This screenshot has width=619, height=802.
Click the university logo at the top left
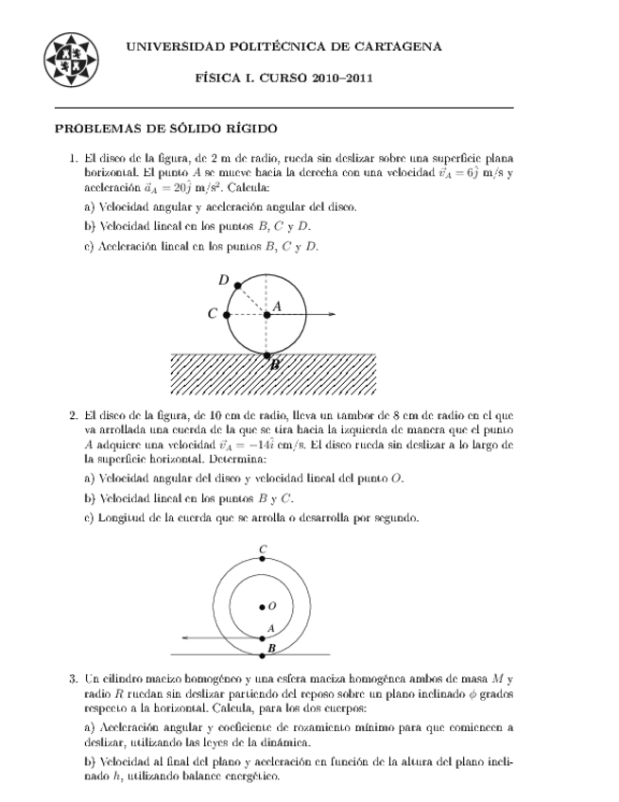point(71,59)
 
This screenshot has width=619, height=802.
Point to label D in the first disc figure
point(223,279)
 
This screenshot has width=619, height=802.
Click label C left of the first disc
point(213,314)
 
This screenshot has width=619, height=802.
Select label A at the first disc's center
point(278,305)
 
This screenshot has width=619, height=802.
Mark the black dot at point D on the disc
point(237,285)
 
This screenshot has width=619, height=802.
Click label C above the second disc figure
point(262,549)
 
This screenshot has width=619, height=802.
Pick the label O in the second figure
point(272,605)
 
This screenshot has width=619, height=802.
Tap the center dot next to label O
point(262,606)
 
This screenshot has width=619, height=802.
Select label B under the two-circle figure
point(271,648)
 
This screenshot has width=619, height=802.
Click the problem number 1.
point(72,159)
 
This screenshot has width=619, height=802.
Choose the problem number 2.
point(72,414)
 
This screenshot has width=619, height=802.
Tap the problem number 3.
point(72,678)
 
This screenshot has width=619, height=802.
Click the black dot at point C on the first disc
point(227,314)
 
